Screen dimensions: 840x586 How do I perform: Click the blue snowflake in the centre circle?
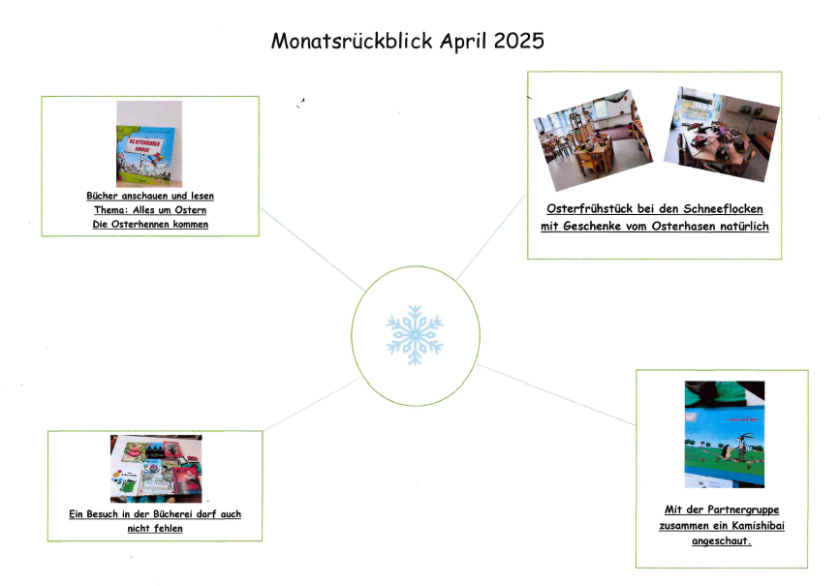(x=415, y=335)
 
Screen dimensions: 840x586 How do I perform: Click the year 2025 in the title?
(x=518, y=42)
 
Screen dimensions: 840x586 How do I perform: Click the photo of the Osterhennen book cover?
(x=149, y=143)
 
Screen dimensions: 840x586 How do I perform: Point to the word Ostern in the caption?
(x=190, y=210)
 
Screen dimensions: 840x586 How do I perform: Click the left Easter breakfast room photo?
(x=593, y=140)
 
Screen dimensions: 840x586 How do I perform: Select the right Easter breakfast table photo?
(x=722, y=134)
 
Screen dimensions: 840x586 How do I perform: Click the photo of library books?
(x=156, y=469)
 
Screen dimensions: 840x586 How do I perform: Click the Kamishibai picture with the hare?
(x=725, y=434)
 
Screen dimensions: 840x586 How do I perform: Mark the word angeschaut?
(x=722, y=541)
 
